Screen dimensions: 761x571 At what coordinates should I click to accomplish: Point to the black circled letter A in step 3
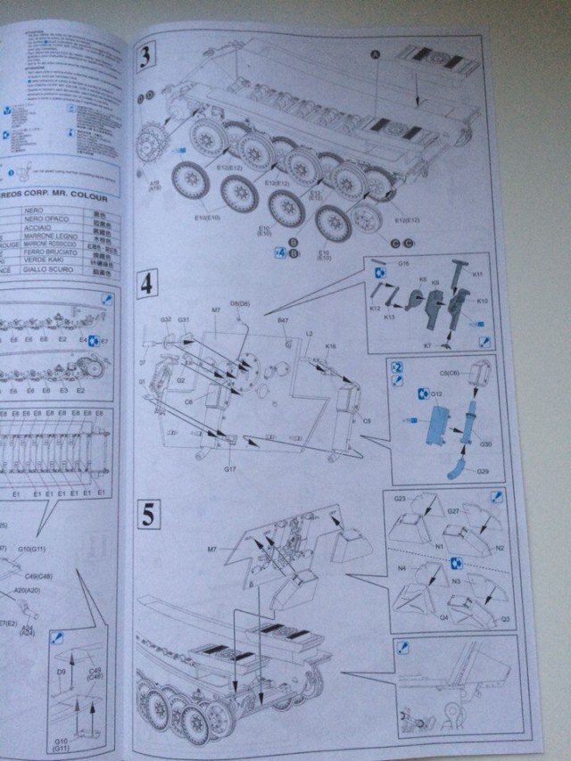point(376,54)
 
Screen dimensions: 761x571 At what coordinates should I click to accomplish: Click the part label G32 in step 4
point(165,319)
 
